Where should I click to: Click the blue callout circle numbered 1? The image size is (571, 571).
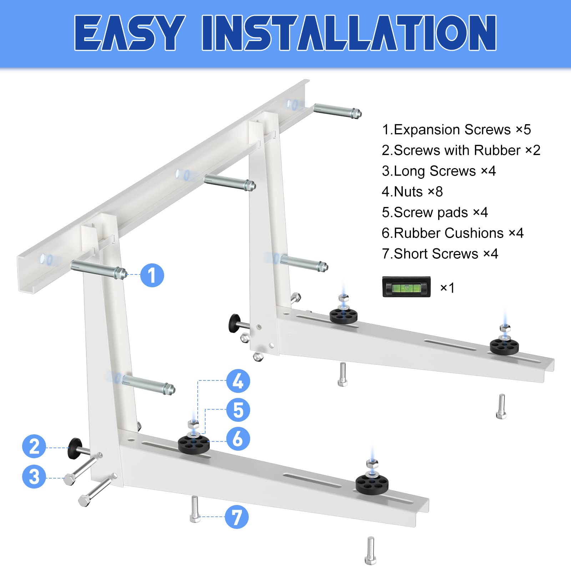(152, 275)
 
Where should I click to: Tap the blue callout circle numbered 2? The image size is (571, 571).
(34, 446)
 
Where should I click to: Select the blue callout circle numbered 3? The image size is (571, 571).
(34, 476)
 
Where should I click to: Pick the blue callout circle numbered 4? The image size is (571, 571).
(238, 381)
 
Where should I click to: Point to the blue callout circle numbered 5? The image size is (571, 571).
(238, 410)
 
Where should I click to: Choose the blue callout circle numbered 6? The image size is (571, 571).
(238, 439)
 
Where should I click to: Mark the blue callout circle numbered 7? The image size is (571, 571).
(237, 517)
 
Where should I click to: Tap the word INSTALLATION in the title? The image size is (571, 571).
(349, 33)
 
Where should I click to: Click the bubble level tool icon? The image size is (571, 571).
(406, 287)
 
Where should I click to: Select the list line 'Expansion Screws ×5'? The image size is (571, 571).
(456, 130)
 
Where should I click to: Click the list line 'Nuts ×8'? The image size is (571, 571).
(412, 192)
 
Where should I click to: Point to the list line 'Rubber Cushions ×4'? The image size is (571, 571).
(452, 233)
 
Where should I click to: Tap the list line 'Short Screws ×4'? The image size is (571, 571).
(440, 254)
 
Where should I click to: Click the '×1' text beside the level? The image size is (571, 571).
(447, 288)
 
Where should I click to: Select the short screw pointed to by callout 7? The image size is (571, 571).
(195, 510)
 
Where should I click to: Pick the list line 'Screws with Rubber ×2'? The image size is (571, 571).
(461, 150)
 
